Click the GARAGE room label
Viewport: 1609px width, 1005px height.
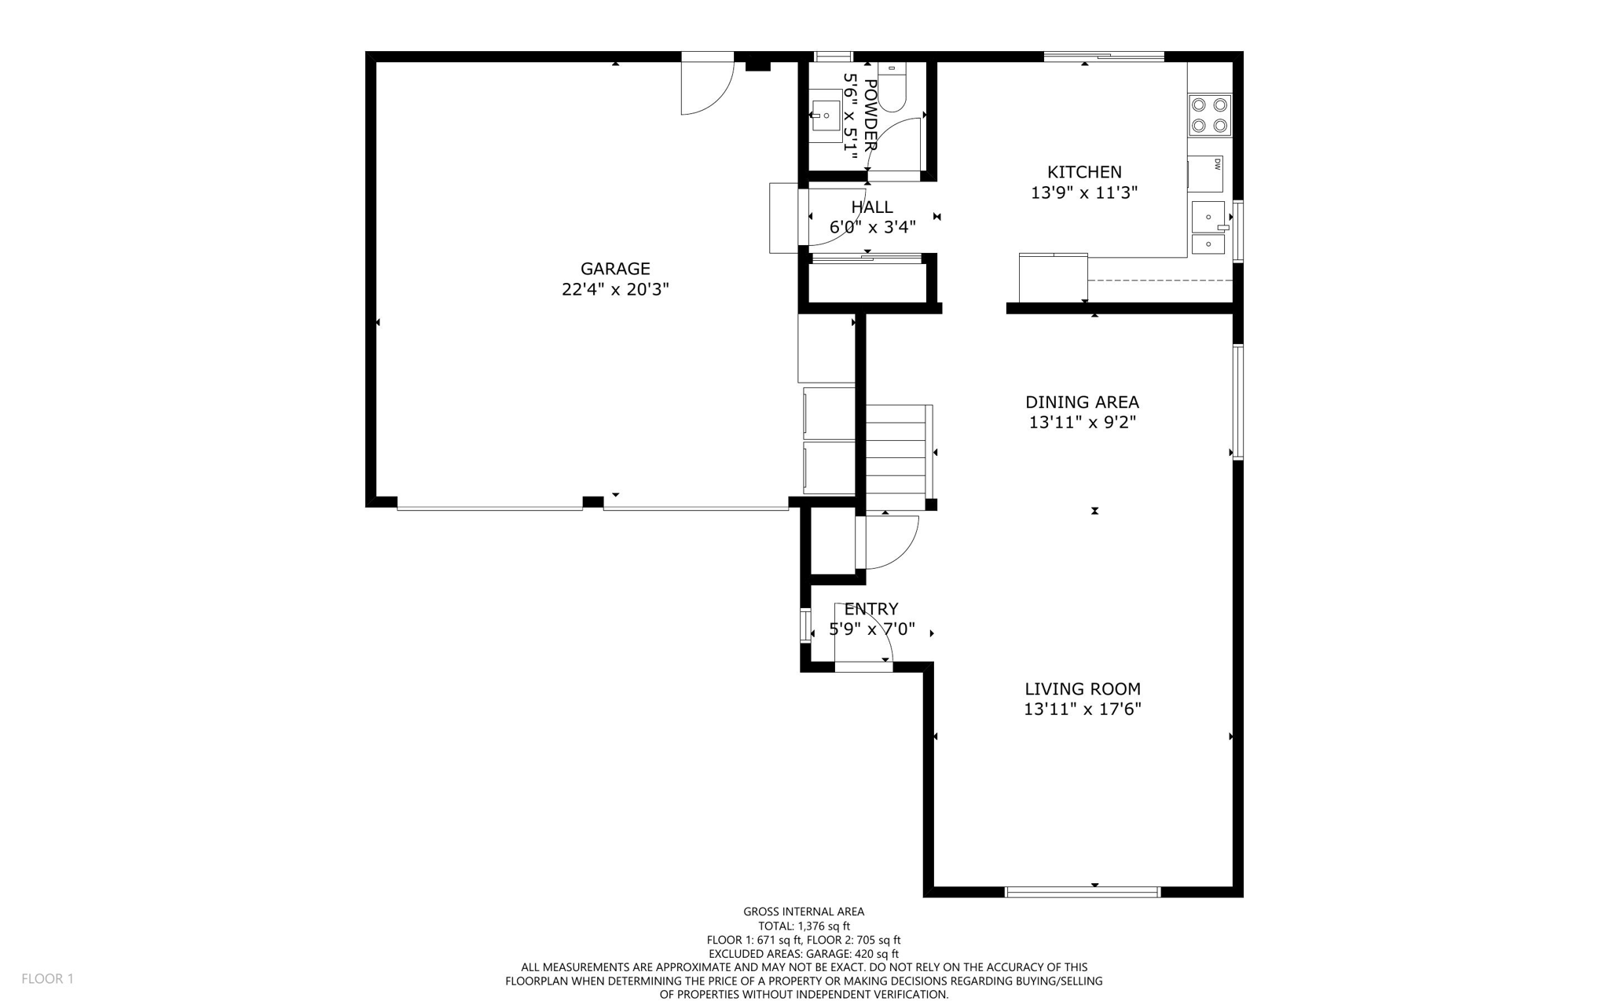(615, 269)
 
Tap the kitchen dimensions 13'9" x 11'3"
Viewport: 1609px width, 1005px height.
(1084, 193)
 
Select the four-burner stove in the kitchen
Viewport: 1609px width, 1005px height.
(1209, 115)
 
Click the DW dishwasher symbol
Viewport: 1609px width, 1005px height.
(1205, 174)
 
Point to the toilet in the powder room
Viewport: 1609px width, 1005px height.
(892, 88)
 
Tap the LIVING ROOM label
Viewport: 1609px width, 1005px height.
(1082, 689)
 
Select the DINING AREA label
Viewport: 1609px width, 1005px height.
(1082, 402)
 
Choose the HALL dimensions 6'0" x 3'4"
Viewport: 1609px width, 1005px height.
(872, 227)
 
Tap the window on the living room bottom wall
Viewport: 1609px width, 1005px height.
(1083, 891)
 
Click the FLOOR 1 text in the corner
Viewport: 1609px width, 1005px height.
(47, 978)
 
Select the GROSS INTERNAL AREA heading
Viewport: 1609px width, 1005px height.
(804, 911)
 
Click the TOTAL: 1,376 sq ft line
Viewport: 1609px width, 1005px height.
(804, 926)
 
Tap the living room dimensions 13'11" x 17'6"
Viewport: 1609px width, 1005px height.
(1082, 710)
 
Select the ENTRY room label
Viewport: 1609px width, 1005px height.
(870, 609)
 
